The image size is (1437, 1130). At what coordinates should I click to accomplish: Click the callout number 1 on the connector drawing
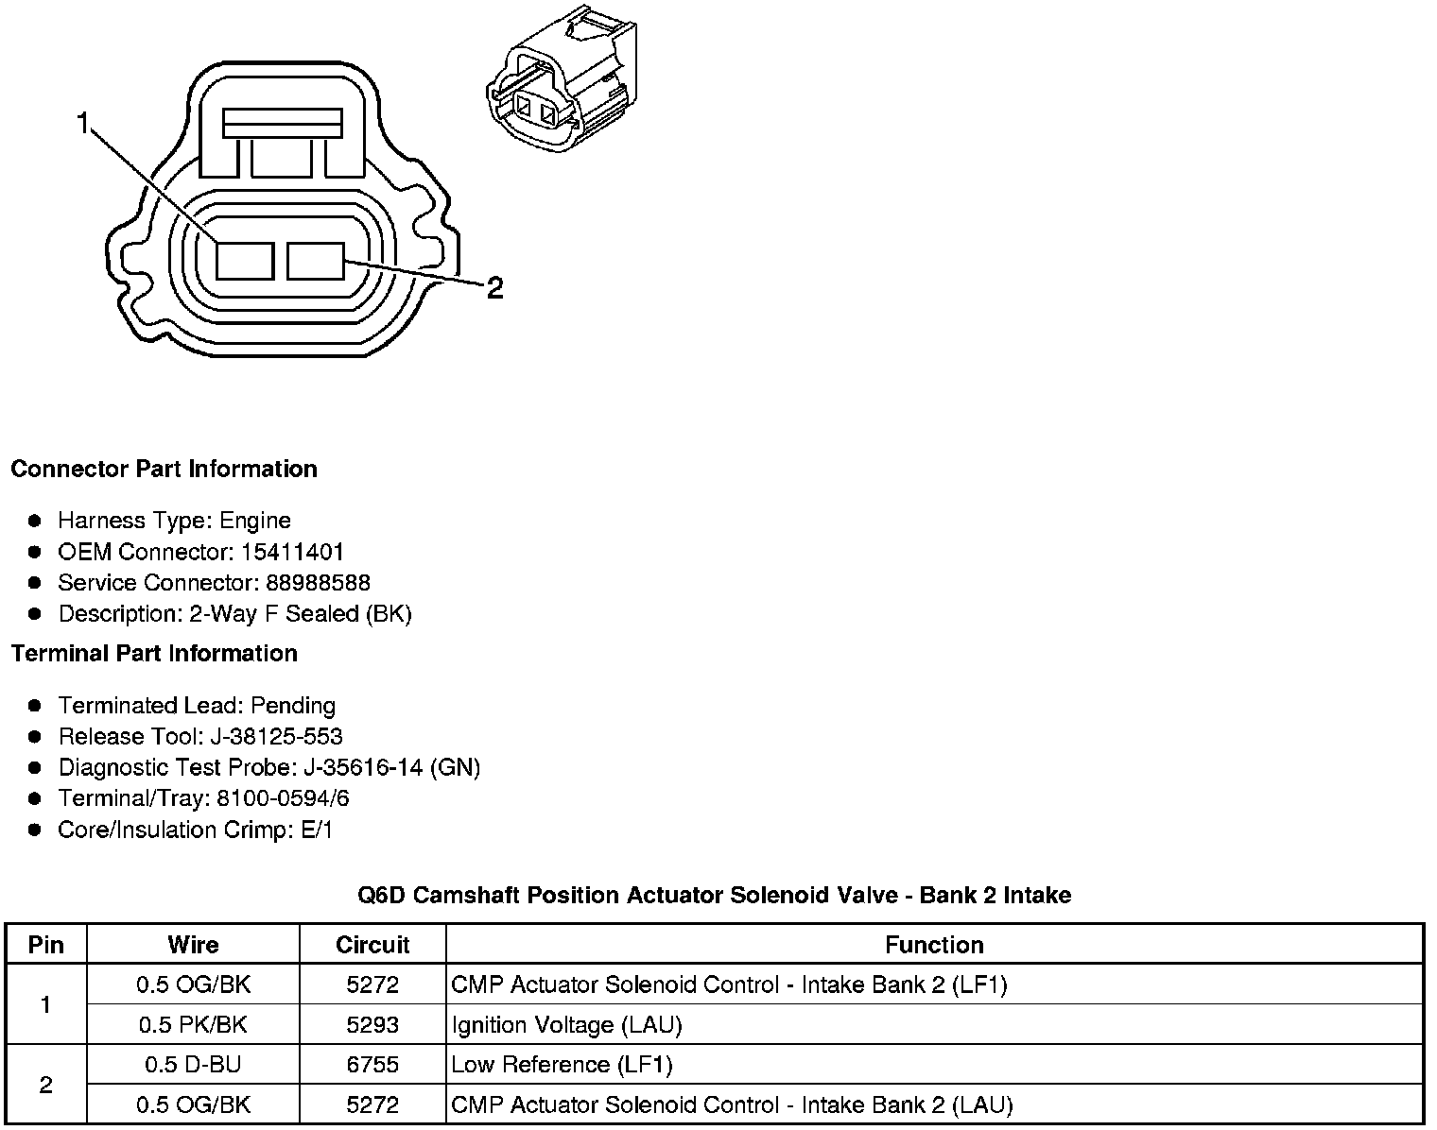pos(83,123)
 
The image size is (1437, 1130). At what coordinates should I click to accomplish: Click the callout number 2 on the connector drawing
pos(493,287)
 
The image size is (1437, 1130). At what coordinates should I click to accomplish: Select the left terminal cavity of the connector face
pos(245,261)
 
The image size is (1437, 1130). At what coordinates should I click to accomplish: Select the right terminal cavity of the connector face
pos(316,261)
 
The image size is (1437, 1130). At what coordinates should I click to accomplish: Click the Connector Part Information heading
pos(164,470)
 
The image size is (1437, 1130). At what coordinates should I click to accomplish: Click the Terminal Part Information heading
pos(154,654)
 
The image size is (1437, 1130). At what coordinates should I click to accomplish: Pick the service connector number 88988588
pos(318,583)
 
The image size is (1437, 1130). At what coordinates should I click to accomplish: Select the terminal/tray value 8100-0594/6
pos(283,799)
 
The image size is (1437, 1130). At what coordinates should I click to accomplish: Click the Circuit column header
pos(372,945)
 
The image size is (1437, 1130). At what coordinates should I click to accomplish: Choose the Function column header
pos(934,945)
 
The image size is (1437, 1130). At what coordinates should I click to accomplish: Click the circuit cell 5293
pos(372,1025)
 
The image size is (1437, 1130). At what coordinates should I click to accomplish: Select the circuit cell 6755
pos(372,1065)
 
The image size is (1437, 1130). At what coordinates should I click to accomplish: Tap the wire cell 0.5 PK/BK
pos(193,1025)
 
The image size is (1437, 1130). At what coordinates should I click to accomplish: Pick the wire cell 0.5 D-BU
pos(193,1065)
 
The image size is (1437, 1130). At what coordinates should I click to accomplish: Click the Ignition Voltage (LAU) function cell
pos(567,1025)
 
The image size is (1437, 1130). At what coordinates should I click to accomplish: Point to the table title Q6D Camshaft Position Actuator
pos(714,895)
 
